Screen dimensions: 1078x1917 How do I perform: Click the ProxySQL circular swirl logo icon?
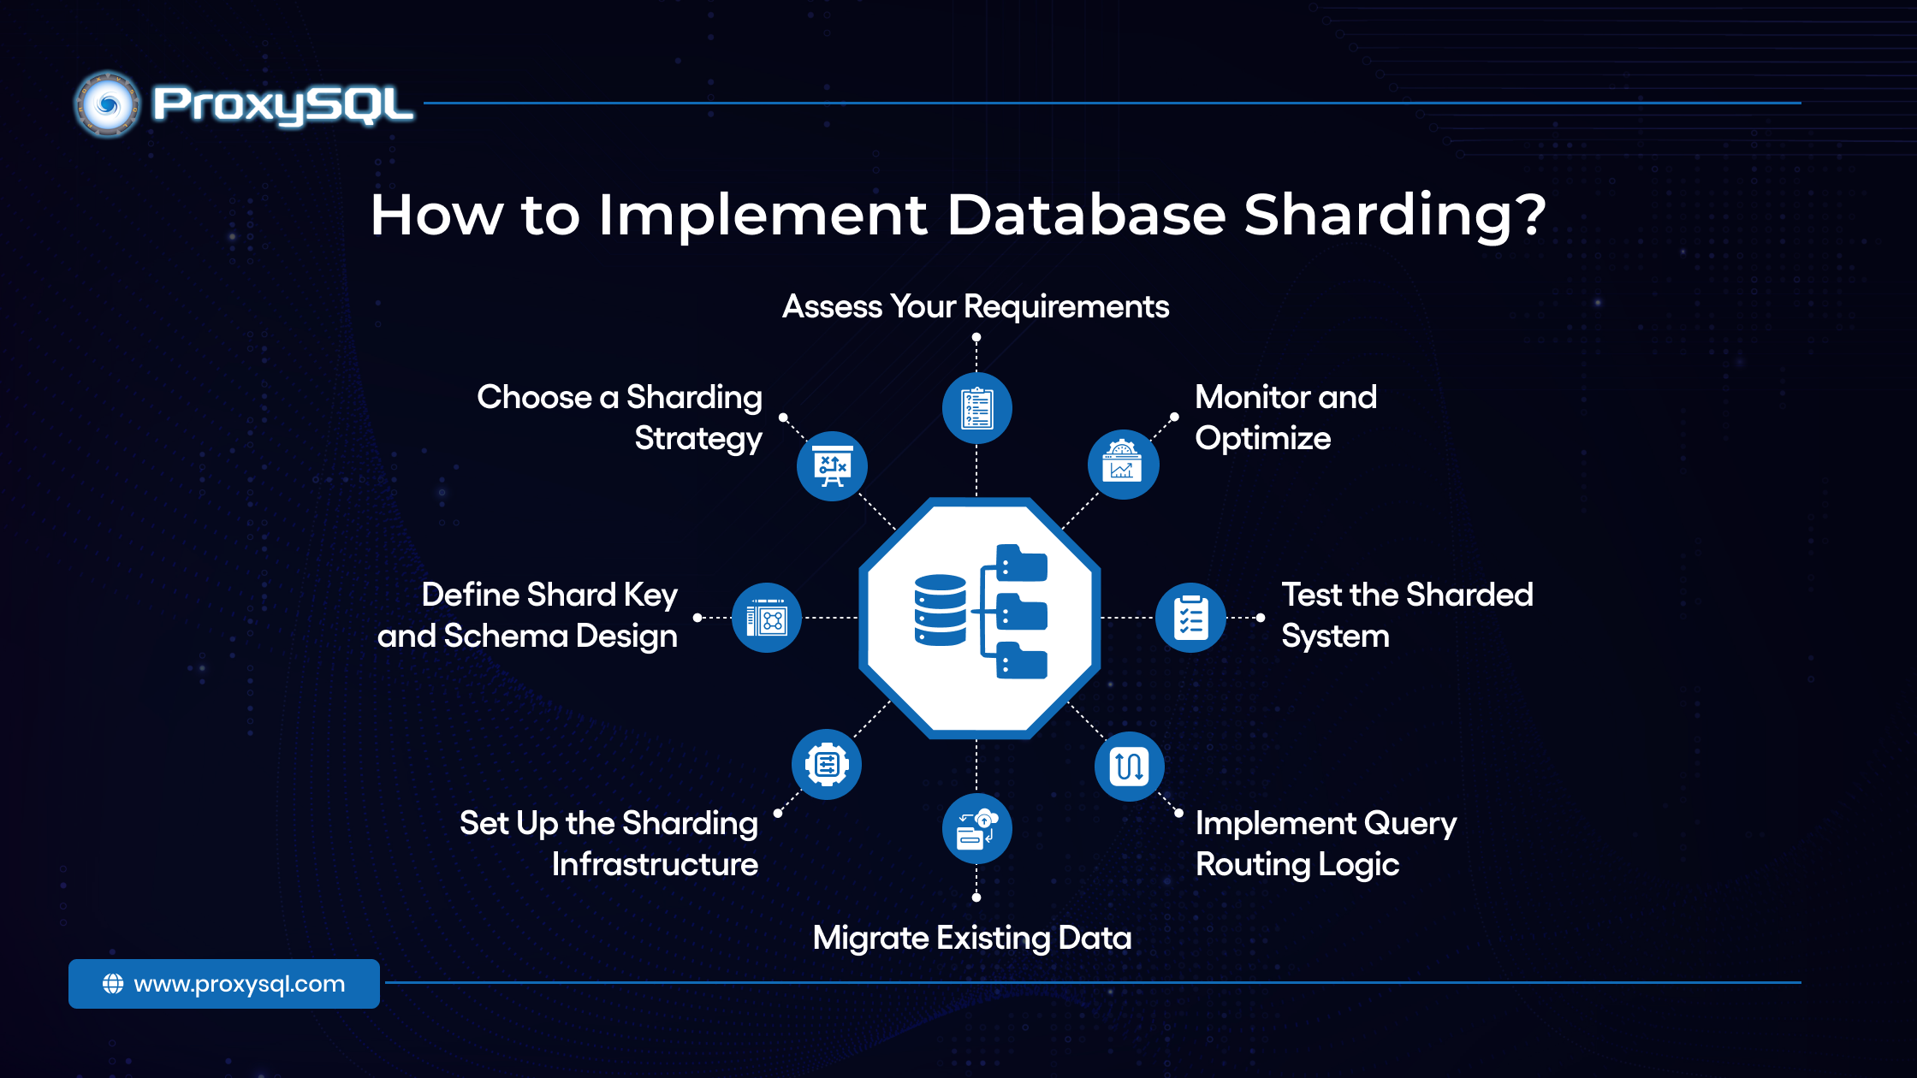pos(107,105)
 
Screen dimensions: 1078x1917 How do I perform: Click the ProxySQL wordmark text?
pos(282,105)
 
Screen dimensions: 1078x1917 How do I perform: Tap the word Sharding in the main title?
pos(1395,215)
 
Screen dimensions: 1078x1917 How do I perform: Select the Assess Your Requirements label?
pos(976,306)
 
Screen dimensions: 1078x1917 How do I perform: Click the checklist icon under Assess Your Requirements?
pos(976,408)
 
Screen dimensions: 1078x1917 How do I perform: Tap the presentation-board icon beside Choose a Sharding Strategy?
pos(832,466)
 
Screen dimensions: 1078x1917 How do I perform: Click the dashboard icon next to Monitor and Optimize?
pos(1123,464)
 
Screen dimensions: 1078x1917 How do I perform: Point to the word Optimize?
pos(1262,438)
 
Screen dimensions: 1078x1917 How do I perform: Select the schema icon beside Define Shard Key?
pos(767,618)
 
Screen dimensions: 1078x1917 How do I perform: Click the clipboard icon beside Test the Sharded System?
pos(1190,618)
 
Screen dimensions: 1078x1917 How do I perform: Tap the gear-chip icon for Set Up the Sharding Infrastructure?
pos(827,764)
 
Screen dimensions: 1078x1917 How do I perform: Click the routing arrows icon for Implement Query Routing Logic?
pos(1129,766)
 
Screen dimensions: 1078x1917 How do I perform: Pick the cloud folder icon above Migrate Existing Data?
pos(976,829)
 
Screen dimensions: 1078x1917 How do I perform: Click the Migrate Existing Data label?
pos(972,938)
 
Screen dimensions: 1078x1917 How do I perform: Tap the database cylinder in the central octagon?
pos(940,610)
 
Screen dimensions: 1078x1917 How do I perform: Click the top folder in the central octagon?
pos(1021,564)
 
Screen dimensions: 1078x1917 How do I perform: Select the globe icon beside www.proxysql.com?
pos(113,984)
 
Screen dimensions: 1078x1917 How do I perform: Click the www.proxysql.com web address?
pos(240,984)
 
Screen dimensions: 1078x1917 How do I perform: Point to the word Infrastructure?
pos(655,864)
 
